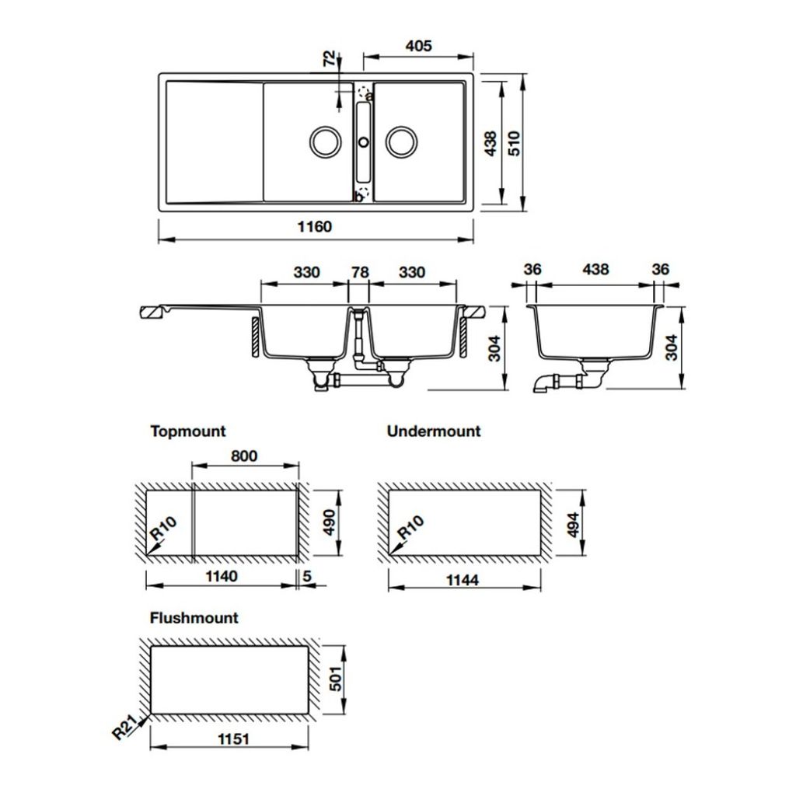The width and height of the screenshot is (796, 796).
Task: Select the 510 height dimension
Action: pos(514,144)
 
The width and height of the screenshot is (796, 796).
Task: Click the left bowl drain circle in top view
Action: pos(324,141)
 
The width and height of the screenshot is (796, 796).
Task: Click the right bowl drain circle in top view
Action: pos(402,141)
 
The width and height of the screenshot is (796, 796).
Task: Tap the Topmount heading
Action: pos(187,431)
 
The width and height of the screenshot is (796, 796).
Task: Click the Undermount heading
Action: pos(434,431)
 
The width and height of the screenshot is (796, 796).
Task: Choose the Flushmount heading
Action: pos(194,618)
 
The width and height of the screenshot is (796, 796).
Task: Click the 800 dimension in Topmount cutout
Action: pos(244,456)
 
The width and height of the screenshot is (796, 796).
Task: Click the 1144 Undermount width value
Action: pos(464,580)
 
